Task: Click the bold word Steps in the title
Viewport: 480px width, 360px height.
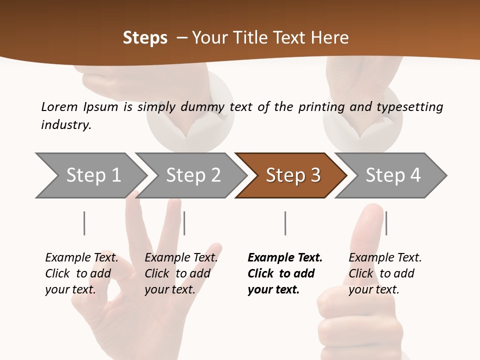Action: point(145,38)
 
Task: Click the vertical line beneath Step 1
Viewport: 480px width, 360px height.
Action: point(84,223)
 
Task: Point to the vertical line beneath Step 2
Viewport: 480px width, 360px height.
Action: point(184,223)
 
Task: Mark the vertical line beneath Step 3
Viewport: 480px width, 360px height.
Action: point(285,223)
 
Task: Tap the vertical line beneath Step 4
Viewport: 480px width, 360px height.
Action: point(386,223)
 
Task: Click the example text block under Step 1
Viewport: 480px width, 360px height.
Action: point(81,273)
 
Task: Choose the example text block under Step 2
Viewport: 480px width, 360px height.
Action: point(181,273)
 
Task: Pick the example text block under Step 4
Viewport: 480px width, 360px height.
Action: point(385,273)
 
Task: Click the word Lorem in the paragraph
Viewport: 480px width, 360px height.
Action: point(59,106)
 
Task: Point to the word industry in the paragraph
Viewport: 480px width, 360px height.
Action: point(66,124)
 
